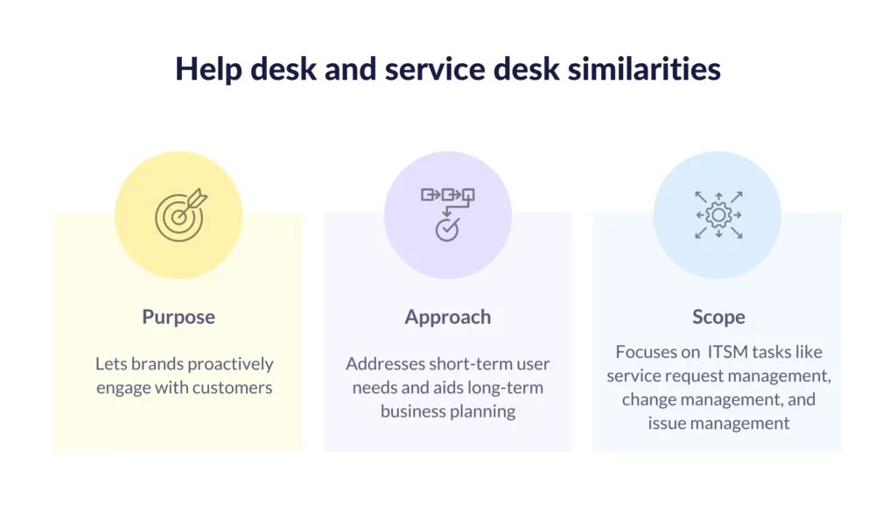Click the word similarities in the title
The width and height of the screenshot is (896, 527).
click(x=644, y=69)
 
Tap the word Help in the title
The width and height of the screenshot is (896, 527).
click(x=209, y=70)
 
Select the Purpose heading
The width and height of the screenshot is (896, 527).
click(x=178, y=317)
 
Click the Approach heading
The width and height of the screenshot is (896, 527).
click(x=448, y=317)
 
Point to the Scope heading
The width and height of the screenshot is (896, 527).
click(x=719, y=317)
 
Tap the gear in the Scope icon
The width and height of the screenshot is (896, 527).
click(x=718, y=215)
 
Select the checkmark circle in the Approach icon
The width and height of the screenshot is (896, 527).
click(x=447, y=229)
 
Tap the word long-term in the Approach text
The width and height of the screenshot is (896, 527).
click(x=505, y=388)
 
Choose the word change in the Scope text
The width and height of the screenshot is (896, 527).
click(x=648, y=399)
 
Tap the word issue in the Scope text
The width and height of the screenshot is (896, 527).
click(x=664, y=424)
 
